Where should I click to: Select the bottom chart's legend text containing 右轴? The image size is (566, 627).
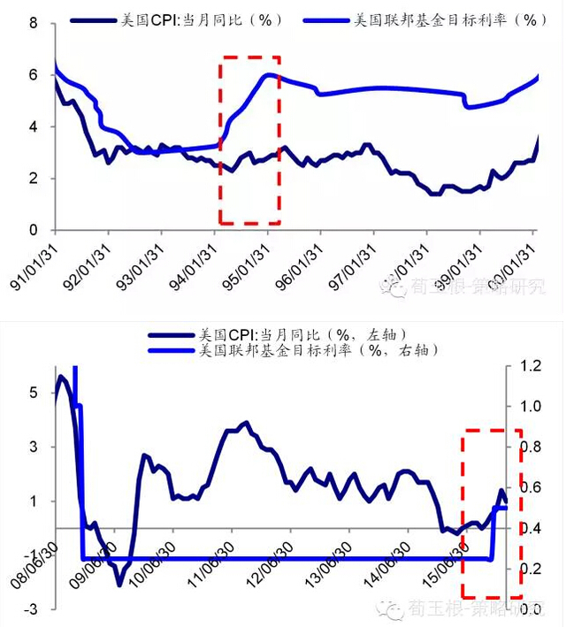(317, 350)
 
